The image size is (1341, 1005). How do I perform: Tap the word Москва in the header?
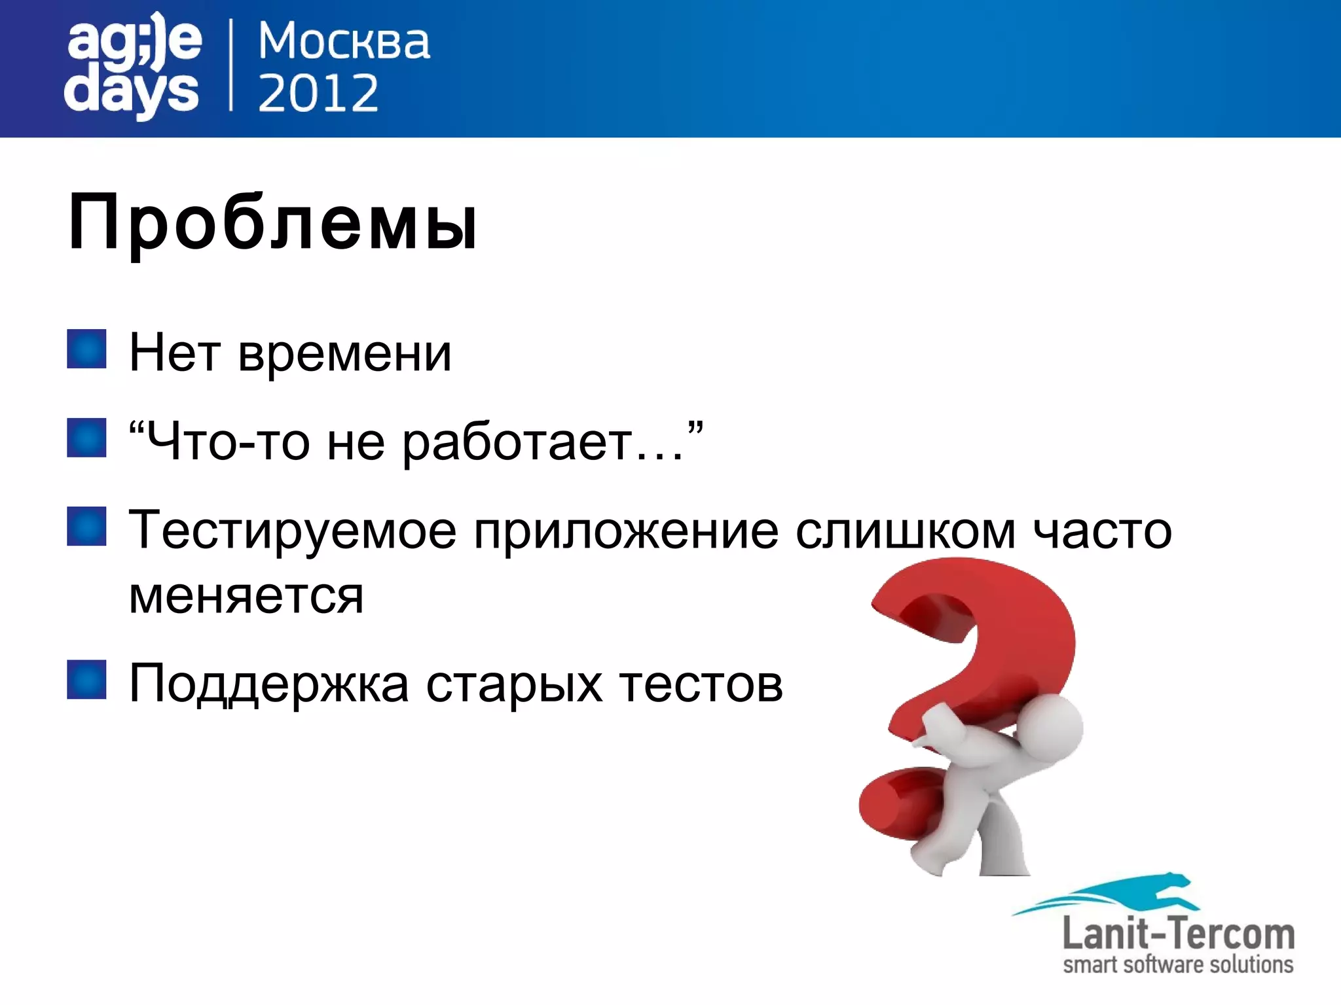coord(344,41)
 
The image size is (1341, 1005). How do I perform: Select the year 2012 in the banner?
coord(318,93)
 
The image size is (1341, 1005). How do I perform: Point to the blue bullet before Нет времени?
coord(86,349)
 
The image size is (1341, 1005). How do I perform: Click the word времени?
coord(344,354)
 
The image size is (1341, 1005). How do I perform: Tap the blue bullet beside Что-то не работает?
coord(86,438)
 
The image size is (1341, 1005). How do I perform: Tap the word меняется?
coord(246,596)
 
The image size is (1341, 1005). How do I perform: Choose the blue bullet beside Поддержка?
coord(86,679)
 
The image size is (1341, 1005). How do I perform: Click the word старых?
coord(514,684)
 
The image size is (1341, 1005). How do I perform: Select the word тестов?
coord(701,684)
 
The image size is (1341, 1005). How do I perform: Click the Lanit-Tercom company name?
coord(1177,934)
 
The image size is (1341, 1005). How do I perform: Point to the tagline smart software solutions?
coord(1177,965)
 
